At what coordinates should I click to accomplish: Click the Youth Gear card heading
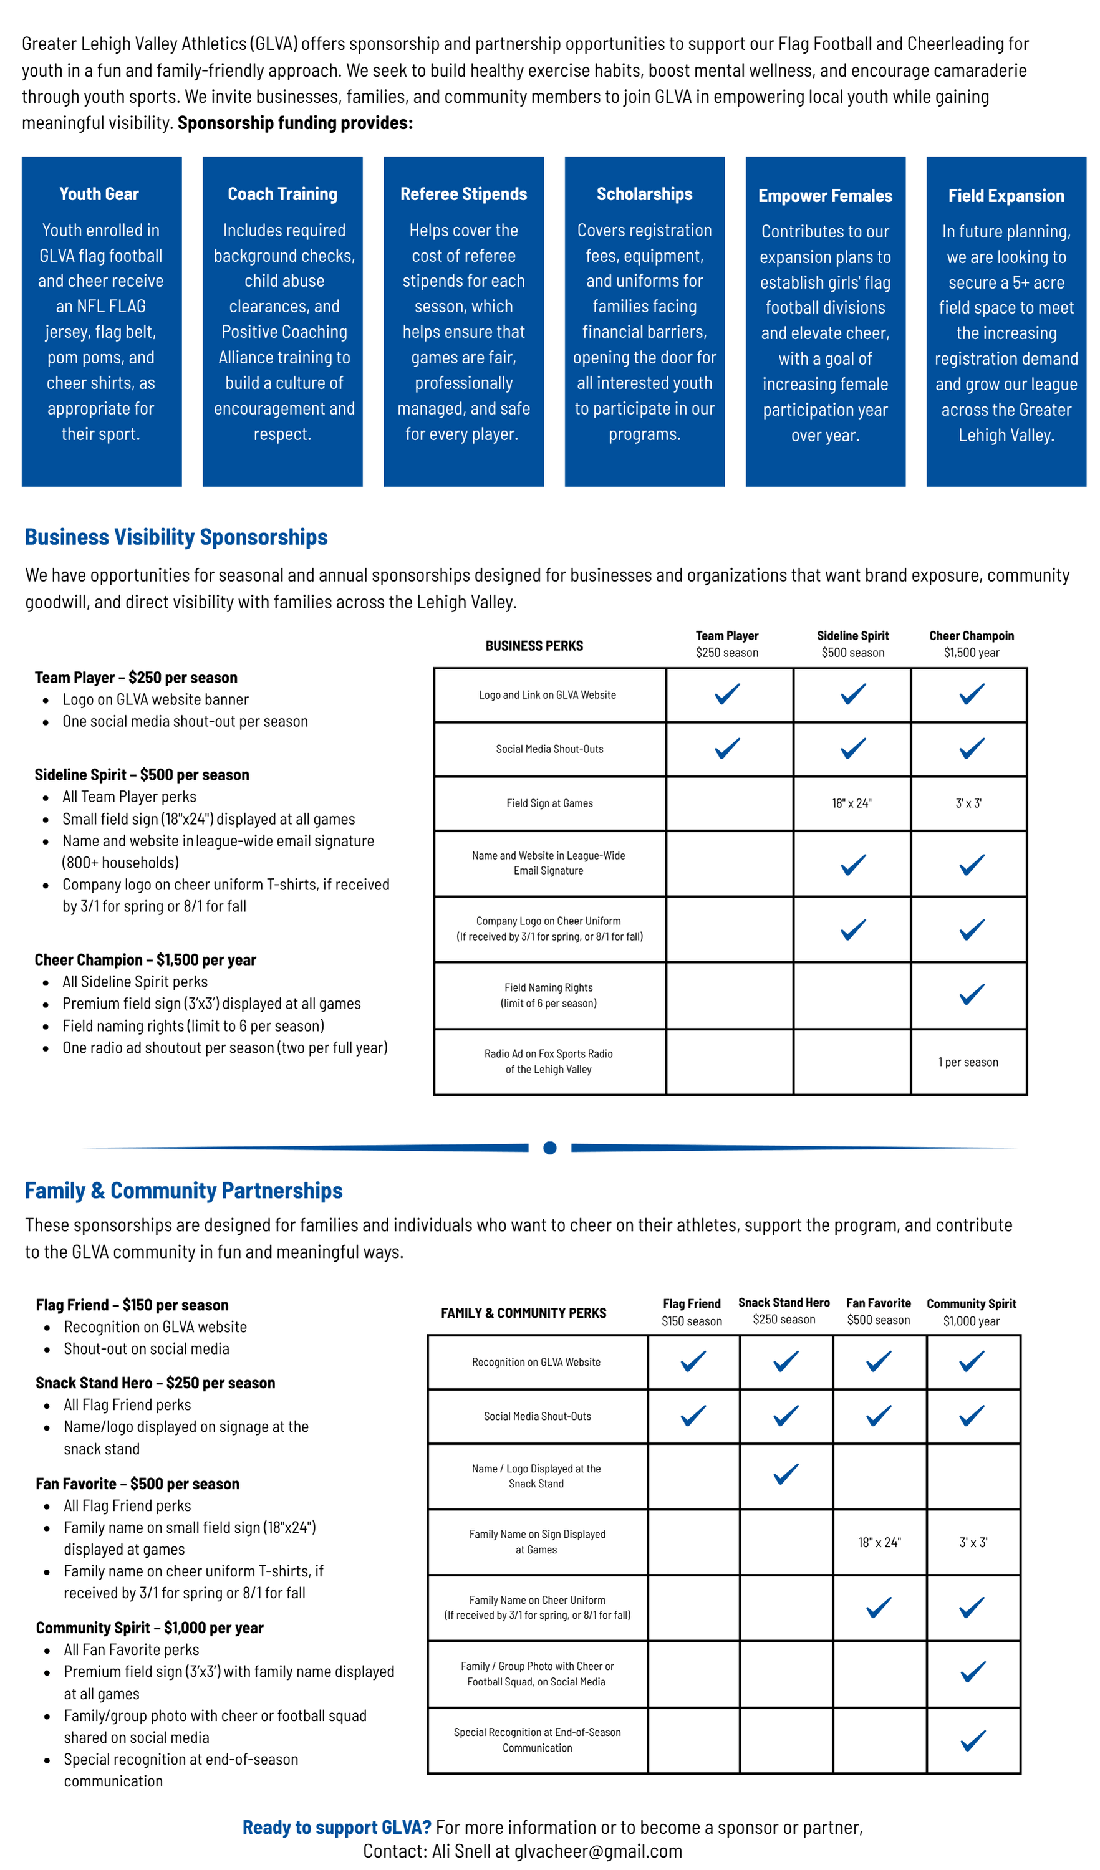pos(99,194)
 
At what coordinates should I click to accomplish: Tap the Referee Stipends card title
pos(463,194)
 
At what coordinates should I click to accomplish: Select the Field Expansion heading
pos(1006,196)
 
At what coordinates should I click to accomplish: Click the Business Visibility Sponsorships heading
pos(176,537)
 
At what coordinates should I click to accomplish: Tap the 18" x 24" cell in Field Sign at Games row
pos(851,803)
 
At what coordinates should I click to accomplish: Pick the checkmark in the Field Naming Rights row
pos(971,994)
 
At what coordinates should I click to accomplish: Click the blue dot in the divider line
pos(550,1148)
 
